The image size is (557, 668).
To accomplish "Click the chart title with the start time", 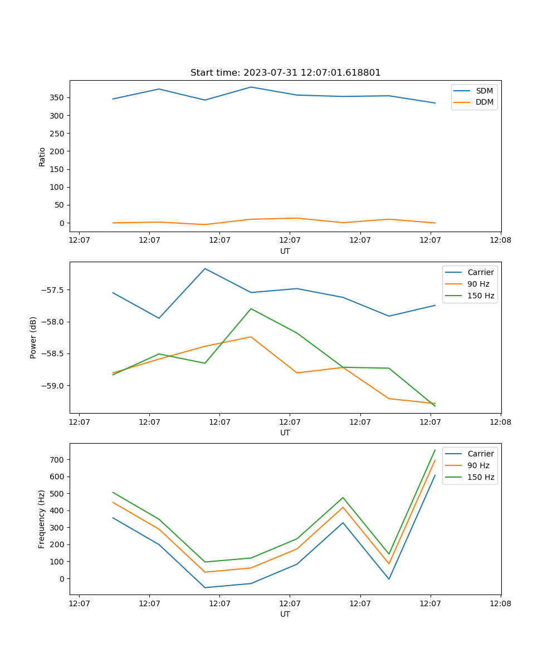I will (285, 72).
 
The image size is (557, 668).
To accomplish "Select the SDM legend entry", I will (484, 91).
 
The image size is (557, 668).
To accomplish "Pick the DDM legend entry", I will (484, 102).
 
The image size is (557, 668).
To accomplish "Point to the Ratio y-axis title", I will (42, 156).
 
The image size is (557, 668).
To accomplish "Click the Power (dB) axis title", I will (33, 337).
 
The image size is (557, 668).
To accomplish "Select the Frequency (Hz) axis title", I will (42, 519).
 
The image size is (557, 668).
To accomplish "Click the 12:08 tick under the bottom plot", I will (500, 603).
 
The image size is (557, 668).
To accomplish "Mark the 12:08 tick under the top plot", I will (500, 240).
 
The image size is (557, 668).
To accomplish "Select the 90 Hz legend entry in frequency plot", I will (478, 465).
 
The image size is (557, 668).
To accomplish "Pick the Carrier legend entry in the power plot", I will (480, 272).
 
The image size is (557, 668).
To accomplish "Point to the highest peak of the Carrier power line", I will (205, 268).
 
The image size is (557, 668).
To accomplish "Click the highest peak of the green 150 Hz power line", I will (251, 308).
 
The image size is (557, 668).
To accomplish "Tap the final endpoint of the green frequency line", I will (435, 450).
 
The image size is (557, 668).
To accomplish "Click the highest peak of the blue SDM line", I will (251, 87).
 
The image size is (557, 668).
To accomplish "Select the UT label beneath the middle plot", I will (285, 433).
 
